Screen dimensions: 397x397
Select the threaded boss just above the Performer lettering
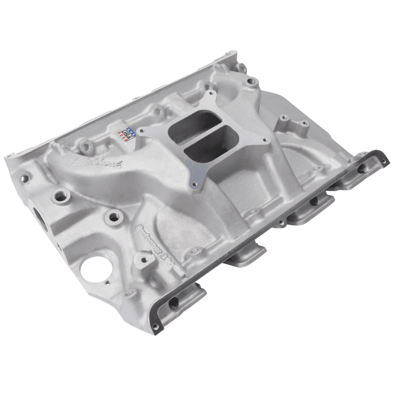pyautogui.click(x=115, y=217)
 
